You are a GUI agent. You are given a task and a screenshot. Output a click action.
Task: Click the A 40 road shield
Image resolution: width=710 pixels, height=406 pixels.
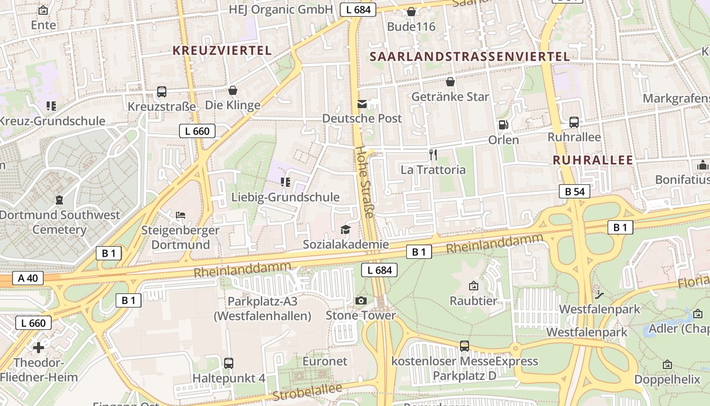click(x=28, y=278)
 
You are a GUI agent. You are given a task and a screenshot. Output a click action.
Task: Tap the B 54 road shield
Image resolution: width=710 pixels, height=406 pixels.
click(x=575, y=191)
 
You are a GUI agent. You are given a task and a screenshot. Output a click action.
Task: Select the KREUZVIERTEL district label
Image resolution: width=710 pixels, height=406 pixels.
click(x=222, y=51)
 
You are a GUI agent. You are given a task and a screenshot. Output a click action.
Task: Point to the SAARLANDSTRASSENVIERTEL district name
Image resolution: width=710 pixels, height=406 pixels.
click(x=470, y=56)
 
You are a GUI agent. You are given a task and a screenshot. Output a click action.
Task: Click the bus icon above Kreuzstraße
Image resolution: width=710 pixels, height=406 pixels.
click(x=162, y=92)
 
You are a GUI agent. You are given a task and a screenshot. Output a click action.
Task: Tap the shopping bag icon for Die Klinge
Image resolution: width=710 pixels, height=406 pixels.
click(x=233, y=91)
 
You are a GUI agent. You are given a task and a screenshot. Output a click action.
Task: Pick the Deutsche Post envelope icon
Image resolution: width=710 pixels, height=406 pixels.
click(x=362, y=104)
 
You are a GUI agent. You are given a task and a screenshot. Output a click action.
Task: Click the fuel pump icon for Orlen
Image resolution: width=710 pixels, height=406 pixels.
click(x=503, y=125)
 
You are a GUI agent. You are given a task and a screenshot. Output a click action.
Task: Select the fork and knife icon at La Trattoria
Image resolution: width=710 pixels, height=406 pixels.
click(x=433, y=155)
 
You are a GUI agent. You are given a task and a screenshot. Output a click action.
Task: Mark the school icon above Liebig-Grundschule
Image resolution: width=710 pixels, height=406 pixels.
click(x=285, y=182)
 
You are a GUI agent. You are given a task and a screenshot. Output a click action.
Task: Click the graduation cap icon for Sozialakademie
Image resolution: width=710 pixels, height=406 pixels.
click(x=345, y=230)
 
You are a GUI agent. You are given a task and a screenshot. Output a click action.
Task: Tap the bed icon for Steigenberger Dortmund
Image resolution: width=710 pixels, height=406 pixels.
click(x=180, y=215)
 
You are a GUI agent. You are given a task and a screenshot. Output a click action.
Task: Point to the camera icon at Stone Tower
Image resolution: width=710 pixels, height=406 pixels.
click(x=361, y=301)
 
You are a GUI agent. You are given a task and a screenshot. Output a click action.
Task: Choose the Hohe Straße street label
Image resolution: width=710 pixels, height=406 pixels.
click(x=364, y=183)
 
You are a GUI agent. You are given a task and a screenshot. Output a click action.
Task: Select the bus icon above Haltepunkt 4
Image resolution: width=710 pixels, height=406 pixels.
click(x=229, y=363)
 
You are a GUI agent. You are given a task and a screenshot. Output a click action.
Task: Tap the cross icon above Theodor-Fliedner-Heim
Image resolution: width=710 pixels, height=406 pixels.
click(x=39, y=348)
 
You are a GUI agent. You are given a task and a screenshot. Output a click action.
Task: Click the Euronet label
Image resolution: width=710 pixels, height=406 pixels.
click(x=325, y=361)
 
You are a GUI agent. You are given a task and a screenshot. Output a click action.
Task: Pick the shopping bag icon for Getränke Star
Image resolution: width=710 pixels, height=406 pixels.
click(x=450, y=82)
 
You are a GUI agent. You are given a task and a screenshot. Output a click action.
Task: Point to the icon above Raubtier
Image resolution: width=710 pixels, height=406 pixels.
click(x=474, y=286)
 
